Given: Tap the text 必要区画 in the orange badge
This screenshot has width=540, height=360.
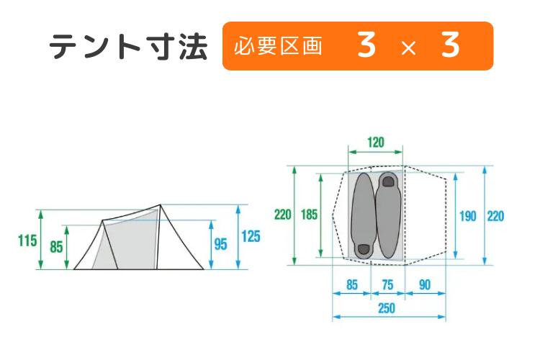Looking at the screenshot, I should click(278, 46).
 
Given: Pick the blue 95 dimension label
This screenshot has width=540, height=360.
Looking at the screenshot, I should click(220, 245).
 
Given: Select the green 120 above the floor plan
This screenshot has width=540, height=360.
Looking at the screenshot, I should click(375, 143).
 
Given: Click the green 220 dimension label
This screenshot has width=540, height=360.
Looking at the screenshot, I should click(282, 215).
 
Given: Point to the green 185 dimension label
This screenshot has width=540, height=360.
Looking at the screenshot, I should click(310, 215).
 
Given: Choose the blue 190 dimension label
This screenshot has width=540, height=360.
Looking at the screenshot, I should click(467, 216).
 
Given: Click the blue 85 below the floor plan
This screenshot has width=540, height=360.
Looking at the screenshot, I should click(351, 285).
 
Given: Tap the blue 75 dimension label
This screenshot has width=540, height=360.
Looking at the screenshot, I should click(387, 285).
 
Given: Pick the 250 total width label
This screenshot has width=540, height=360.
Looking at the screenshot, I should click(387, 309).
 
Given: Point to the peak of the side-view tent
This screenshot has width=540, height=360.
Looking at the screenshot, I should click(160, 205).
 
